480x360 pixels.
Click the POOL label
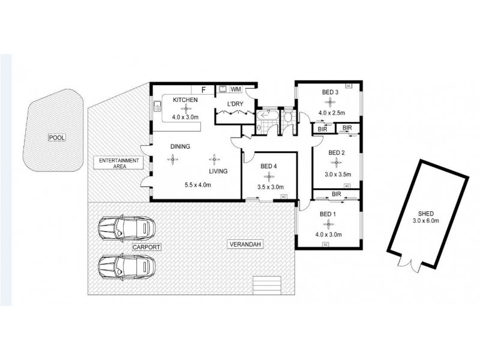[57, 137]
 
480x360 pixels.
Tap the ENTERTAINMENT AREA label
[120, 164]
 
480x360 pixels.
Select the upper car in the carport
[127, 227]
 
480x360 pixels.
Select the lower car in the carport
[127, 265]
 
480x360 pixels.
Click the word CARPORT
[147, 247]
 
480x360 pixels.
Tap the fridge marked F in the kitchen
[203, 89]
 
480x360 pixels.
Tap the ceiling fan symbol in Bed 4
[269, 176]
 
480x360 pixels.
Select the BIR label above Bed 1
[336, 194]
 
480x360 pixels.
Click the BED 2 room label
[336, 152]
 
